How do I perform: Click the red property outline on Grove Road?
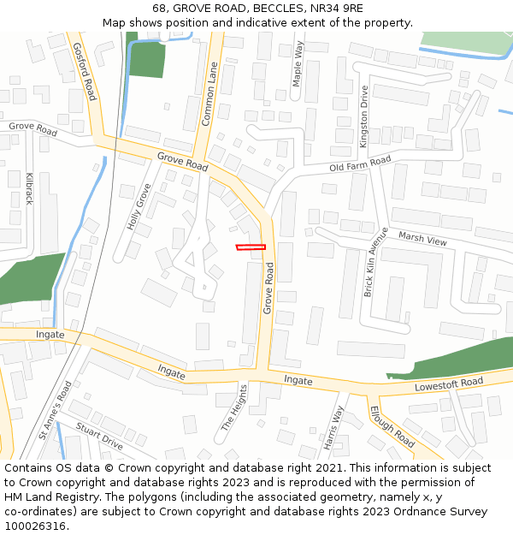pos(251,247)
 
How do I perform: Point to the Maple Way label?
pos(298,64)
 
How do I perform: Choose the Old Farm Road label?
pos(360,163)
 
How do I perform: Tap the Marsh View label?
pos(422,241)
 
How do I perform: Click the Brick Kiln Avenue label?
pos(376,262)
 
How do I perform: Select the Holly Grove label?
pos(139,206)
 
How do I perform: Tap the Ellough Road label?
pos(392,427)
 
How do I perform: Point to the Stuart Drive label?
pos(99,437)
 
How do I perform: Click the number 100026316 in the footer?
pos(35,526)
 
